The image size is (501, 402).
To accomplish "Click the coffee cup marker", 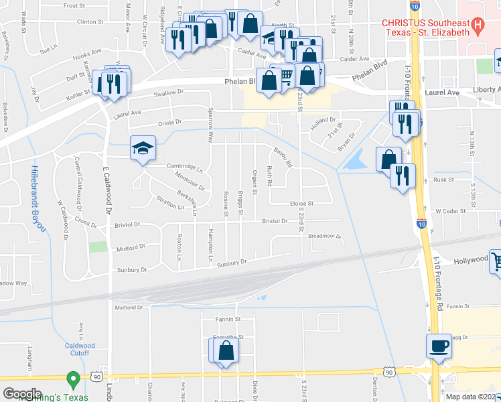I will (439, 347).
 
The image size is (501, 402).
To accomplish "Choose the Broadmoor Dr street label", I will (325, 236).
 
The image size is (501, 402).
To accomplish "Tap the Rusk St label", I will (444, 180).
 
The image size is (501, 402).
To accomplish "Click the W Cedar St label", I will (450, 211).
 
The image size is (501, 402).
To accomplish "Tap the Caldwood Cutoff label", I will (80, 349).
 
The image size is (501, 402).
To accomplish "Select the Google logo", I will (22, 394).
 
